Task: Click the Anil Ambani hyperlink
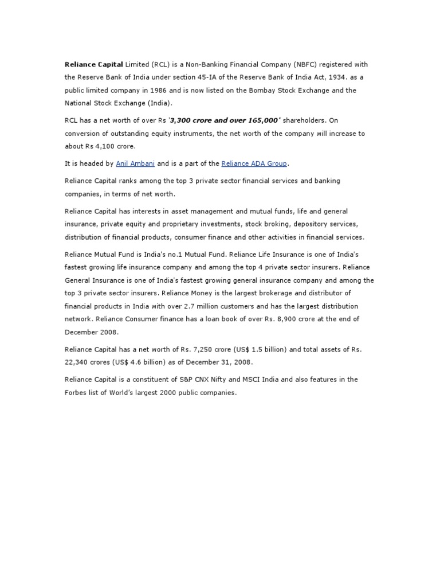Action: click(135, 163)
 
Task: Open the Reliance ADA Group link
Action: click(254, 163)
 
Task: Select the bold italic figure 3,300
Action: click(183, 120)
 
